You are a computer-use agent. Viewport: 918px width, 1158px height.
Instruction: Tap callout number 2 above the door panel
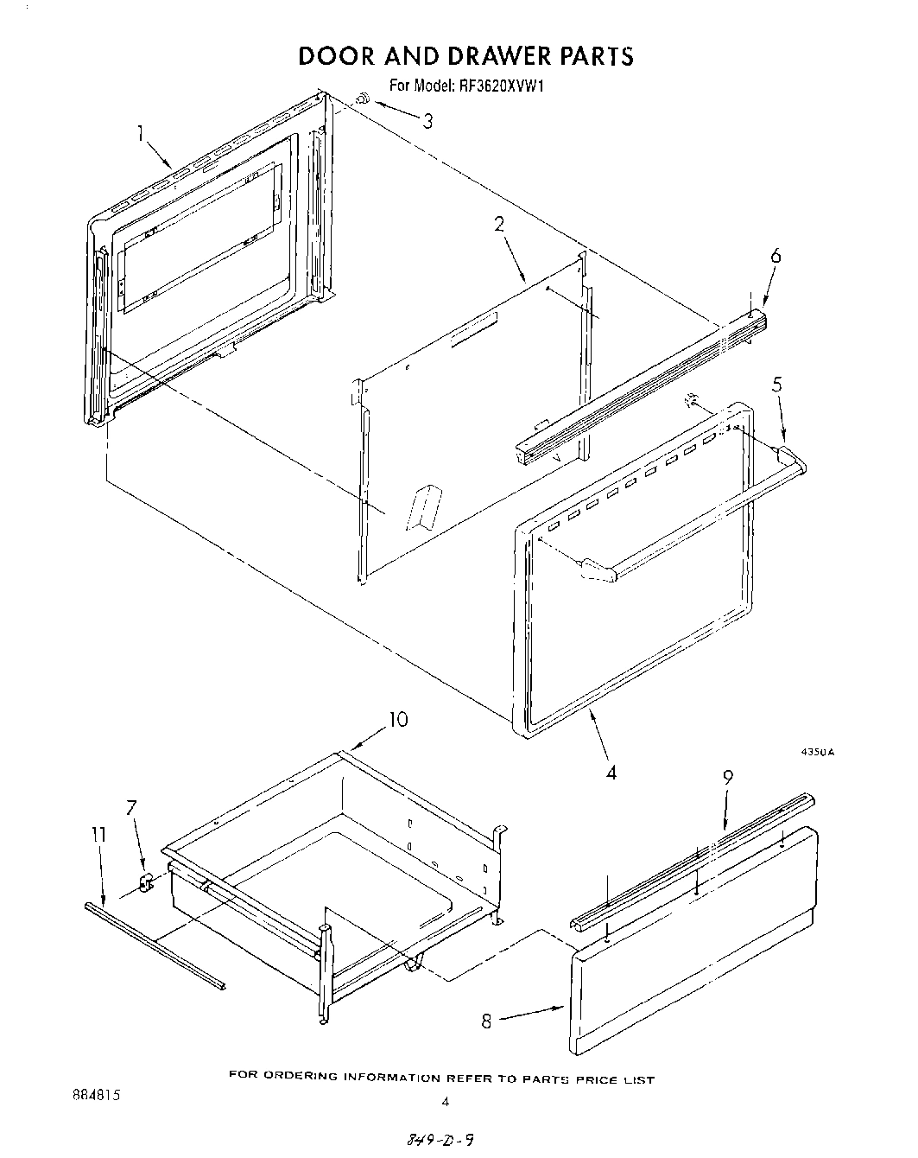click(498, 224)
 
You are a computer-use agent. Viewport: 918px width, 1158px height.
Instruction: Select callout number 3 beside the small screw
click(427, 121)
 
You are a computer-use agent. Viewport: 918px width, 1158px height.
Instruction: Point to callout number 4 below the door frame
click(611, 772)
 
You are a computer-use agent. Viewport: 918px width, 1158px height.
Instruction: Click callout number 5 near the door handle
click(777, 385)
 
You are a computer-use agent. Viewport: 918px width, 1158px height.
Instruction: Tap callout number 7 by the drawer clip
click(131, 808)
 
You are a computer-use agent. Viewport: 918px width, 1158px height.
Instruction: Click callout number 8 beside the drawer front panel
click(486, 1021)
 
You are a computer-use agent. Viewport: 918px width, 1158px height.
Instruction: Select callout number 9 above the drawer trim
click(728, 777)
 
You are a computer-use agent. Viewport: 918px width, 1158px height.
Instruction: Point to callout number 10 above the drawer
click(398, 719)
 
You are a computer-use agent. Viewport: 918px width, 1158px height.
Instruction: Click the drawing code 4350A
click(818, 753)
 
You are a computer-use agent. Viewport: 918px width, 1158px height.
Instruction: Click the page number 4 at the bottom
click(446, 1101)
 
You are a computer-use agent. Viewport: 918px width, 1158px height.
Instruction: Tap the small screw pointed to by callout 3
click(363, 102)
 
